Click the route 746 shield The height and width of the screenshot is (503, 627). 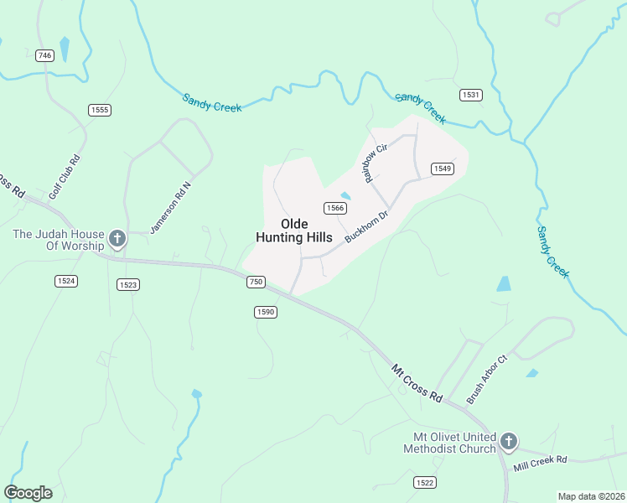(x=45, y=55)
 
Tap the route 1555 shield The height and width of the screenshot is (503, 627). (x=101, y=110)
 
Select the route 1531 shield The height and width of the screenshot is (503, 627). (x=471, y=95)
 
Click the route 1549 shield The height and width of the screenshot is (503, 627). (x=443, y=169)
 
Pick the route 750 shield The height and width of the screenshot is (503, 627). (x=256, y=283)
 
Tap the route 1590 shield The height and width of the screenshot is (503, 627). (x=266, y=312)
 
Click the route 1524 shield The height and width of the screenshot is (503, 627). (x=65, y=280)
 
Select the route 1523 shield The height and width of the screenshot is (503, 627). (x=128, y=284)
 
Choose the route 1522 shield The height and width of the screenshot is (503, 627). (x=425, y=482)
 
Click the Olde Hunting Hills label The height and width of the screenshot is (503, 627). (x=293, y=231)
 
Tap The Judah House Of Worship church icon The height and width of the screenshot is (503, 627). (x=117, y=240)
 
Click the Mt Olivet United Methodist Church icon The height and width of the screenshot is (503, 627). (x=508, y=442)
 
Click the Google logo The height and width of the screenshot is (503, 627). (x=28, y=493)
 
